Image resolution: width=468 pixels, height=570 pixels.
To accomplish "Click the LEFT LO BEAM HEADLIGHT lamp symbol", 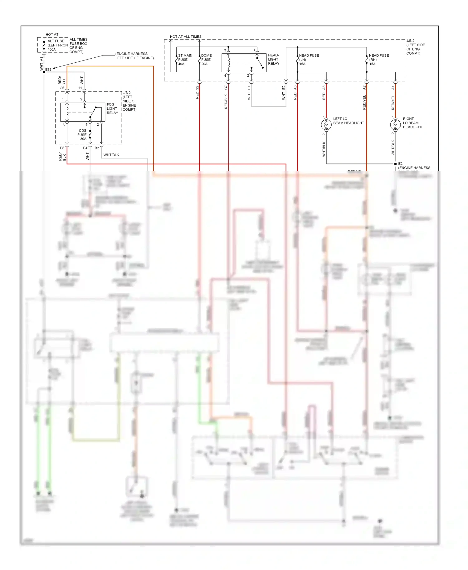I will (x=326, y=125).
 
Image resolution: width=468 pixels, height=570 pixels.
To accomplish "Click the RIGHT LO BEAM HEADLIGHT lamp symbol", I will (x=395, y=125).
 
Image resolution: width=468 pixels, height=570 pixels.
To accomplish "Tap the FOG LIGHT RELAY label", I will (x=112, y=109).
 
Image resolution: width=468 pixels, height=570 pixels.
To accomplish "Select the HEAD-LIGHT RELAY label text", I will (x=274, y=59).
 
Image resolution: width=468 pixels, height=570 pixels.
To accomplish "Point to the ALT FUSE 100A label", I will (x=56, y=45).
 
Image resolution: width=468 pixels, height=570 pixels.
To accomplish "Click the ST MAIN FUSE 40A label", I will (x=185, y=60).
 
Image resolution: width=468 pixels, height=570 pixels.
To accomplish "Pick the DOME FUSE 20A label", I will (x=206, y=60).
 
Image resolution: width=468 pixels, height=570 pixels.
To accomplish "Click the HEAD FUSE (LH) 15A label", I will (x=309, y=60).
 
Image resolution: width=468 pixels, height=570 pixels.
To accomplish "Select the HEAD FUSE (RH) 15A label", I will (x=378, y=60).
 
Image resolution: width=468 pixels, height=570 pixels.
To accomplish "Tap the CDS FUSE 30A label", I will (x=82, y=135).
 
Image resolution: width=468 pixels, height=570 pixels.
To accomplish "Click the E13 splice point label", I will (x=48, y=70).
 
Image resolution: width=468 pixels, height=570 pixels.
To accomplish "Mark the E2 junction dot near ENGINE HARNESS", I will (x=395, y=164).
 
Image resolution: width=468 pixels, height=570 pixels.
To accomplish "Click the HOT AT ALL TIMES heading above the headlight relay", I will (x=186, y=36).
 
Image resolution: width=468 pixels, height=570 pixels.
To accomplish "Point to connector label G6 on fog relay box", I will (x=62, y=88).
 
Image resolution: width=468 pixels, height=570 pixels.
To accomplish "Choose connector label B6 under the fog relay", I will (x=62, y=148).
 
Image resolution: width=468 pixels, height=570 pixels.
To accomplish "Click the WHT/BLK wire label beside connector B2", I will (x=111, y=155).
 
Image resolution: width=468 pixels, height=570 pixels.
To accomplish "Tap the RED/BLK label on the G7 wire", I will (x=226, y=102).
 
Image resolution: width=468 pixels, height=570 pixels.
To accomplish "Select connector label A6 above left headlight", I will (x=324, y=88).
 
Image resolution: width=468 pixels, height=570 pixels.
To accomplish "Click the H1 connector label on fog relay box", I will (x=80, y=88).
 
